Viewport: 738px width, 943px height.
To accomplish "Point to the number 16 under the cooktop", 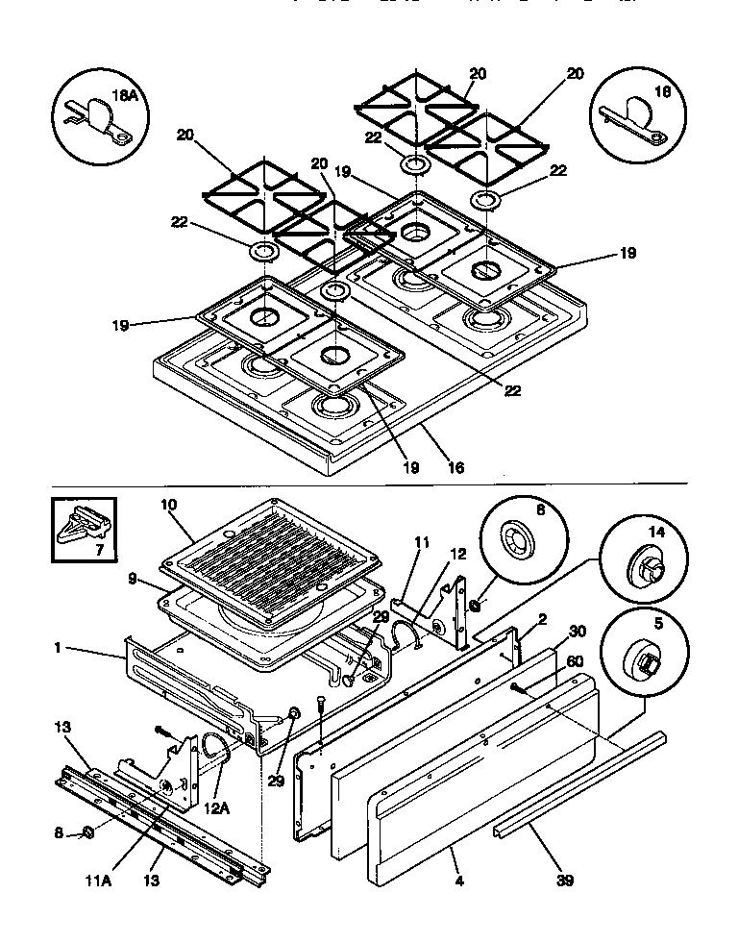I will point(455,468).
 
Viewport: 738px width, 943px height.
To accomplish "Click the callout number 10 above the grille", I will point(169,505).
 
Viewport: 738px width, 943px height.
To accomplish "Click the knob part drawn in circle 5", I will point(644,661).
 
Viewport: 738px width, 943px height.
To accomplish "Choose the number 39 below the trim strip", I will point(563,879).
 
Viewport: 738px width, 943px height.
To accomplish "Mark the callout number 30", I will point(576,632).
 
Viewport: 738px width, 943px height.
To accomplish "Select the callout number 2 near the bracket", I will point(542,621).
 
